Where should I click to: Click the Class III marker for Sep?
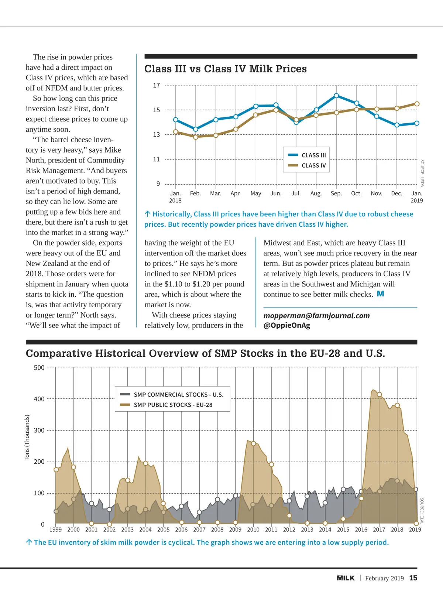pyautogui.click(x=336, y=96)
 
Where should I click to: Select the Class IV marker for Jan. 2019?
pyautogui.click(x=417, y=104)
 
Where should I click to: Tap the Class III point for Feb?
pyautogui.click(x=196, y=129)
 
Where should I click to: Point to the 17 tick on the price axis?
pyautogui.click(x=157, y=85)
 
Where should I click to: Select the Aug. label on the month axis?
pyautogui.click(x=316, y=193)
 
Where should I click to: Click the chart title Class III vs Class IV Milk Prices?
pyautogui.click(x=225, y=69)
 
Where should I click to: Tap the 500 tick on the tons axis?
pyautogui.click(x=39, y=368)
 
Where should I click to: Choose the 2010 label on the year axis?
pyautogui.click(x=253, y=529)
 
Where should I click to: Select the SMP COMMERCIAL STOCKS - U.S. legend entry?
pyautogui.click(x=172, y=394)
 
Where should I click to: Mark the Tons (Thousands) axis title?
pyautogui.click(x=27, y=438)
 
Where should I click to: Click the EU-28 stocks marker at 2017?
pyautogui.click(x=379, y=394)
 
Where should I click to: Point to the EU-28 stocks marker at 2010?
pyautogui.click(x=253, y=443)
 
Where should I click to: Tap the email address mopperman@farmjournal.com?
pyautogui.click(x=316, y=316)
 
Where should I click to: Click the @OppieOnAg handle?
pyautogui.click(x=287, y=325)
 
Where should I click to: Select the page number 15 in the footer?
pyautogui.click(x=413, y=578)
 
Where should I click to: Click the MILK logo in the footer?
pyautogui.click(x=346, y=578)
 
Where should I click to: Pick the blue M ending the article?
pyautogui.click(x=381, y=294)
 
